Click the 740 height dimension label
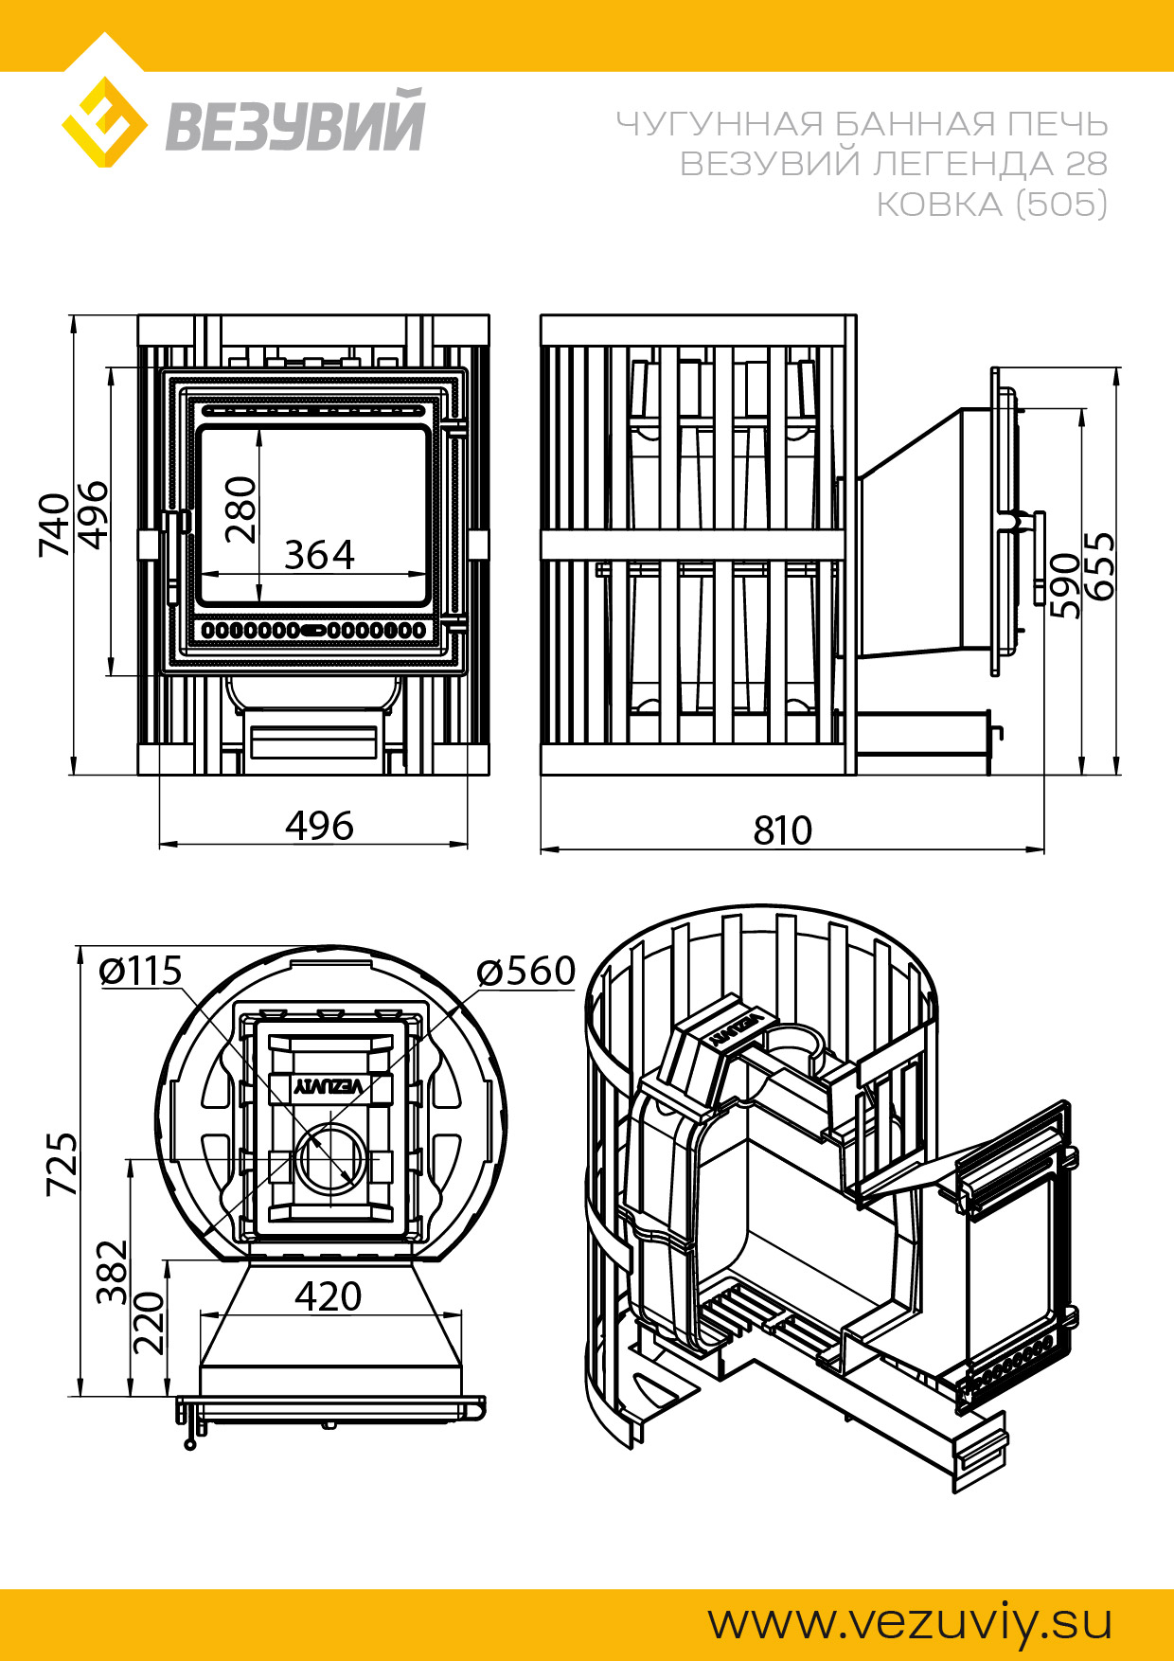coord(54,525)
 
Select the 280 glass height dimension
coord(240,509)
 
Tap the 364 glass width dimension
coord(319,555)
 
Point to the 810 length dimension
coord(783,830)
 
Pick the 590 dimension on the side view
coord(1065,585)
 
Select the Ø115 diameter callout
coord(140,971)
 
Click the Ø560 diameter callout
coord(526,971)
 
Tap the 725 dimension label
coord(62,1164)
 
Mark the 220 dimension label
coord(149,1324)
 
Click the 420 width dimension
coord(329,1296)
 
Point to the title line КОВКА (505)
coord(991,204)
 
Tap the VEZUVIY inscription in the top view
coord(329,1086)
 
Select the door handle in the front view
coord(174,559)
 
